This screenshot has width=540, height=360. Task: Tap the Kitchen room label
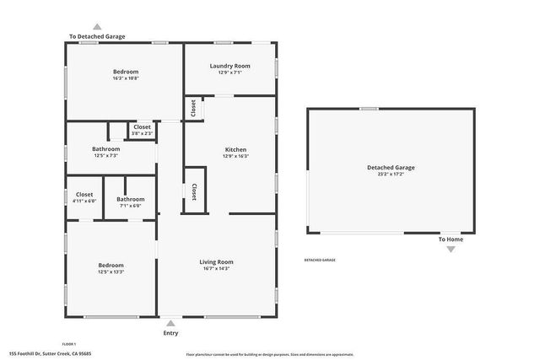click(x=235, y=148)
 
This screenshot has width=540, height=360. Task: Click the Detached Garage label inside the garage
click(x=391, y=167)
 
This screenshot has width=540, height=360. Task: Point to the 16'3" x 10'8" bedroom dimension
click(x=126, y=78)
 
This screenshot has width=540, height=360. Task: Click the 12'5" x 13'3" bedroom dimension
click(x=111, y=271)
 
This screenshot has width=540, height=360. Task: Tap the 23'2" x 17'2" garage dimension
click(x=391, y=174)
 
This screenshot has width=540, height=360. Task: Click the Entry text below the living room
click(x=171, y=333)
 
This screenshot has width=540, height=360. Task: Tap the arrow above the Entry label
click(x=171, y=323)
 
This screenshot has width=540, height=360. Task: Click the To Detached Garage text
click(x=97, y=36)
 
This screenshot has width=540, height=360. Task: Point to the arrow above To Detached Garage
click(x=97, y=27)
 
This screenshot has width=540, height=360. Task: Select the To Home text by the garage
click(x=450, y=239)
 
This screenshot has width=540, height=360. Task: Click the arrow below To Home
click(x=450, y=249)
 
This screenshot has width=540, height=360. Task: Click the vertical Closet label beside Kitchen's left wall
click(x=194, y=191)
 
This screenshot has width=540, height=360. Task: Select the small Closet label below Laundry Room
click(x=193, y=108)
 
